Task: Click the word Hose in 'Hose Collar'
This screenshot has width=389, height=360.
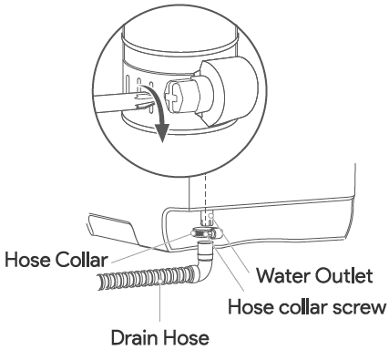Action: [x=28, y=260]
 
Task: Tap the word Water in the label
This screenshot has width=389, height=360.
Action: [x=283, y=276]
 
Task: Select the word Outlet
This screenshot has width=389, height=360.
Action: [x=343, y=276]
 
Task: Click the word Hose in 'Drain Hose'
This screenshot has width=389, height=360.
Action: [x=186, y=337]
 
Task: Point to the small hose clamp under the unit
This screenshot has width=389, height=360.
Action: [x=205, y=233]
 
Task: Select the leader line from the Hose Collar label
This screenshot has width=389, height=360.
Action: [x=151, y=248]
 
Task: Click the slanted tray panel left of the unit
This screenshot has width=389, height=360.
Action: [x=113, y=230]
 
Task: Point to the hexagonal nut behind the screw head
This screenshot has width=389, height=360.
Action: [x=189, y=95]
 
